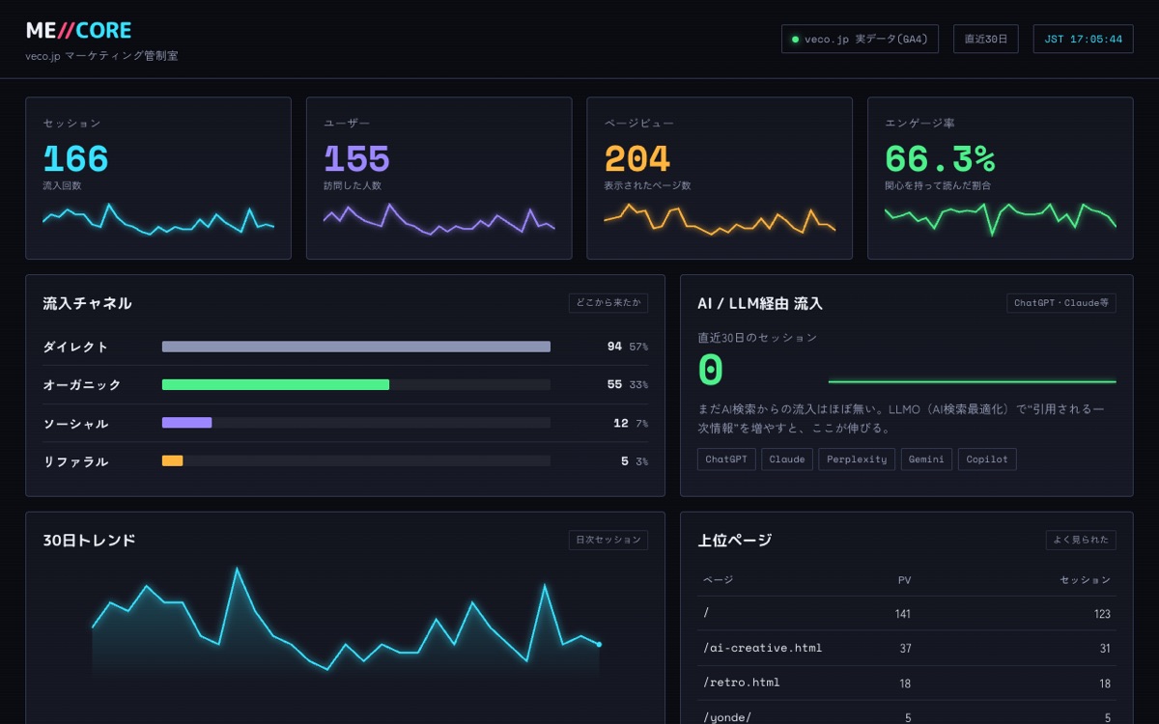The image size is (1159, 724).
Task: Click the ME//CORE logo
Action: coord(78,31)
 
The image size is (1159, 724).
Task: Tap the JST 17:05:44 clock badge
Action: coord(1083,39)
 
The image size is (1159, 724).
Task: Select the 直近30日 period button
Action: coord(986,39)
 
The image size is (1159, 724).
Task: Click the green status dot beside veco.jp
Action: coord(795,40)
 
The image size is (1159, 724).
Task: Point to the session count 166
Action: coord(76,158)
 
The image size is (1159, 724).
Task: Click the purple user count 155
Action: coord(356,158)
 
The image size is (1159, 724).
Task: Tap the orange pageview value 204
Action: coord(637,158)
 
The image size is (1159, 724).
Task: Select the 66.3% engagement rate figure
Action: coord(940,158)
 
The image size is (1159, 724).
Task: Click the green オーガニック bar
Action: coord(276,384)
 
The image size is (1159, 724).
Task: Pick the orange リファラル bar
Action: coord(172,460)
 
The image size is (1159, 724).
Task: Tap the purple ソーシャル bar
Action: coord(186,423)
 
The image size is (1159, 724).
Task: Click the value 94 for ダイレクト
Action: coord(614,346)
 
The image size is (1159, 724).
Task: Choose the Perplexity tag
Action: coord(857,459)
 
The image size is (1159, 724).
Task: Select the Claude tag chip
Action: coord(787,459)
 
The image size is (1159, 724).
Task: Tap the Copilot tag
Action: coord(987,459)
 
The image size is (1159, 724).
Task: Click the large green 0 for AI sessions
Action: coord(711,369)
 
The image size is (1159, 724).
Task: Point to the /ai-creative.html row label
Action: coord(762,648)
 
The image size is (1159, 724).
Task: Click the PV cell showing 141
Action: coord(903,614)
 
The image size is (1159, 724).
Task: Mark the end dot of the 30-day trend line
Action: coord(599,645)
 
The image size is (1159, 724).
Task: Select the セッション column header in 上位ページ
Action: coord(1085,580)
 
